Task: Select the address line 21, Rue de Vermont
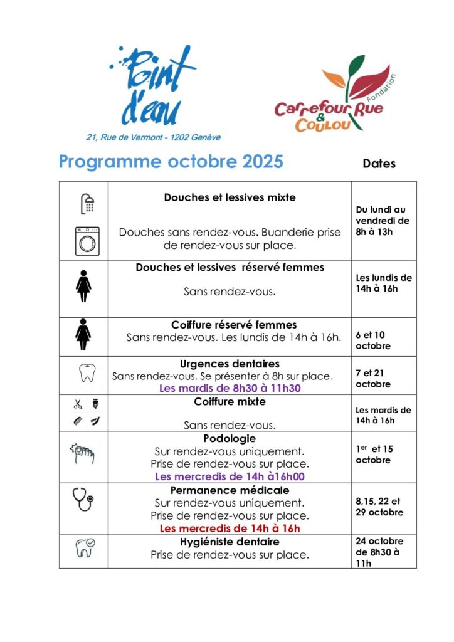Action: pyautogui.click(x=154, y=137)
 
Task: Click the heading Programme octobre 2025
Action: pyautogui.click(x=171, y=162)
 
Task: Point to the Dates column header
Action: pyautogui.click(x=379, y=164)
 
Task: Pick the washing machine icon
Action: pyautogui.click(x=87, y=241)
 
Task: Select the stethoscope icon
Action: pyautogui.click(x=83, y=499)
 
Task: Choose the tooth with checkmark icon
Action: pyautogui.click(x=85, y=547)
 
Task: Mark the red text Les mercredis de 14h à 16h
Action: pyautogui.click(x=230, y=529)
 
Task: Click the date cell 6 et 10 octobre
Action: pyautogui.click(x=373, y=340)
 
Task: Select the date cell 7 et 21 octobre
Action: pyautogui.click(x=373, y=378)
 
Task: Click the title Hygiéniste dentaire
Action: pyautogui.click(x=230, y=541)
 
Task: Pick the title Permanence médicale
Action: pyautogui.click(x=230, y=490)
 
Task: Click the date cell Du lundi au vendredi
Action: pyautogui.click(x=382, y=221)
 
